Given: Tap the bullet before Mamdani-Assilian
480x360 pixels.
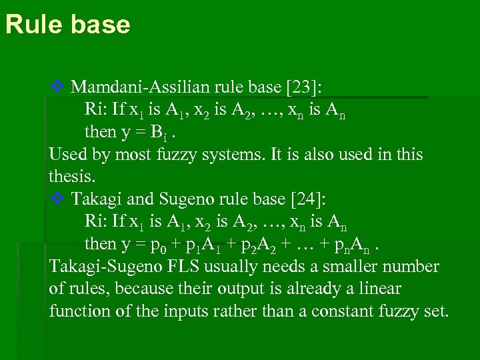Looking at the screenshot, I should tap(57, 86).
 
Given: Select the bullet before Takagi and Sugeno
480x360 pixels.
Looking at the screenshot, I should tap(57, 199).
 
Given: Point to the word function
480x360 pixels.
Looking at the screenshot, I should tap(76, 311).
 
